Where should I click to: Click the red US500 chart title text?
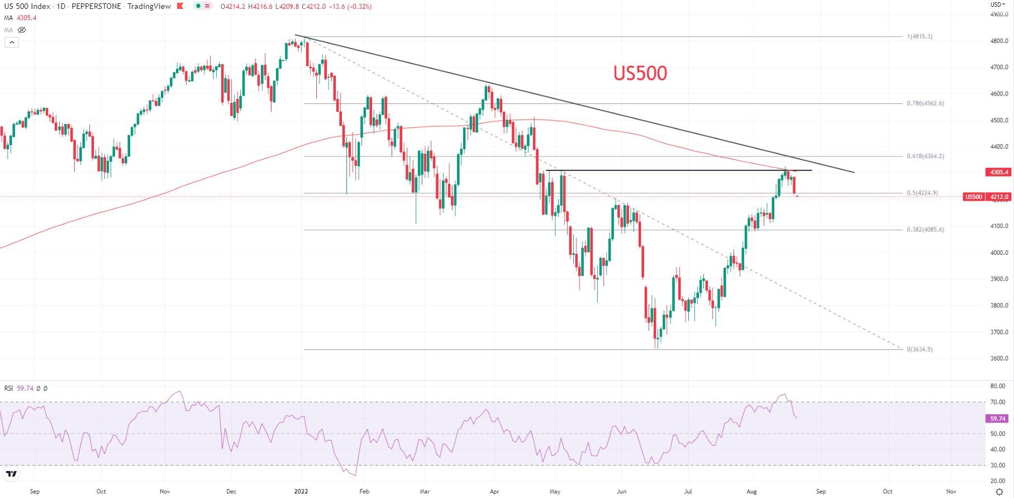tap(640, 73)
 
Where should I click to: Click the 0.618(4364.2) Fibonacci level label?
tap(925, 156)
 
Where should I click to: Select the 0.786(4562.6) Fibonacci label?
tap(925, 103)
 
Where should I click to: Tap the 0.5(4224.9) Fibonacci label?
tap(922, 193)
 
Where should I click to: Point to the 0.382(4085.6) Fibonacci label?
tap(925, 230)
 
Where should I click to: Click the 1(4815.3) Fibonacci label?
tap(920, 37)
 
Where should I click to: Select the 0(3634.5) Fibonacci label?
tap(920, 350)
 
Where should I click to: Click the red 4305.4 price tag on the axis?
tap(999, 172)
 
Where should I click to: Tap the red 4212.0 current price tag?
tap(999, 197)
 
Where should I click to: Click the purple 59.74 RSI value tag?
tap(998, 419)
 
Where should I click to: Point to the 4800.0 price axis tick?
tap(999, 41)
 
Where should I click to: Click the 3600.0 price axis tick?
tap(999, 359)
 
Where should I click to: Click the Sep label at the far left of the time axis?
tap(35, 492)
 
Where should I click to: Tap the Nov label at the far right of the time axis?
tap(951, 492)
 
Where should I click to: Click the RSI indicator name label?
tap(8, 388)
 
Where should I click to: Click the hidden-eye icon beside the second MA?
tap(22, 30)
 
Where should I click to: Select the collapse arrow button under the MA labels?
tap(12, 42)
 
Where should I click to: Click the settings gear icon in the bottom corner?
tap(1000, 492)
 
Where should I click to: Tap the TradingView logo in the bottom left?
tap(11, 475)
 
